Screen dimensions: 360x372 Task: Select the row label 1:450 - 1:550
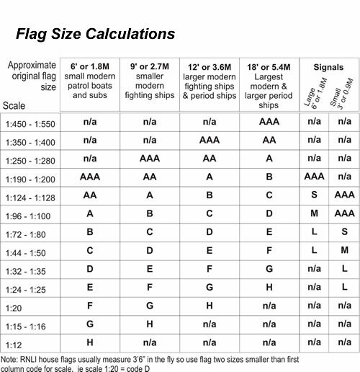30,123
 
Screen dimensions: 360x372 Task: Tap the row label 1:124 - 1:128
30,195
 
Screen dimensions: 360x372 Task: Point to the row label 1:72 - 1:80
27,231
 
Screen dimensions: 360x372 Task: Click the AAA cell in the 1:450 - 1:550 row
266,123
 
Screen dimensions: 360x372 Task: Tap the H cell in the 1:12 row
90,342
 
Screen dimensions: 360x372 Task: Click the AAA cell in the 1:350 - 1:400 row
209,140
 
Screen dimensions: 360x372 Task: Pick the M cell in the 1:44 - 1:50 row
345,249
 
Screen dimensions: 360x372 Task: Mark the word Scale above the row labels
15,105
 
